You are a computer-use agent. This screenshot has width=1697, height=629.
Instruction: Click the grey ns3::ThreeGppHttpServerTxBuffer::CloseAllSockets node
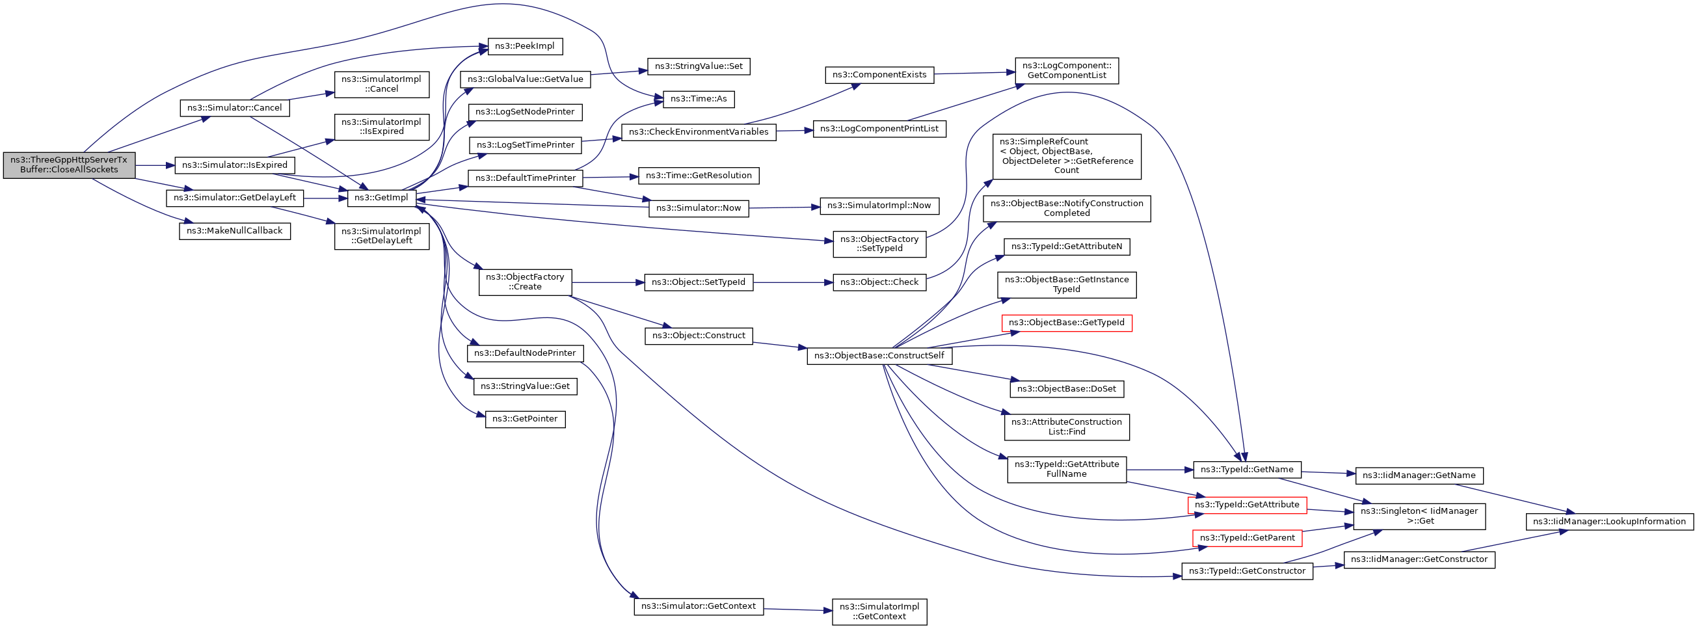[x=69, y=165]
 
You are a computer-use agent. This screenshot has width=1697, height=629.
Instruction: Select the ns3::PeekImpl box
[x=525, y=46]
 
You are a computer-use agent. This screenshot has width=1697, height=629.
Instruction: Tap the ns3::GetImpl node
[x=381, y=198]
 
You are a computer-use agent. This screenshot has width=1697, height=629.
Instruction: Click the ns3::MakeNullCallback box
[x=235, y=231]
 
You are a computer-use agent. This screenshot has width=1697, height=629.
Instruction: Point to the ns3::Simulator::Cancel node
[x=235, y=108]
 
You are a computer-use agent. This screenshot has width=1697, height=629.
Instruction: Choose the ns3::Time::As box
[x=699, y=99]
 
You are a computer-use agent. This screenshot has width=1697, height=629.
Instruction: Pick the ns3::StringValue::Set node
[x=699, y=66]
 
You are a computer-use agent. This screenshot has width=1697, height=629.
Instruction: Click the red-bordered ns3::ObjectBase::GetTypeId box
[x=1067, y=323]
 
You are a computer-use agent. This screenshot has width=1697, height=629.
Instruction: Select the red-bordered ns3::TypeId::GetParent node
[x=1247, y=538]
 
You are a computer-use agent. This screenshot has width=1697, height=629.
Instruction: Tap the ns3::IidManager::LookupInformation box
[x=1609, y=522]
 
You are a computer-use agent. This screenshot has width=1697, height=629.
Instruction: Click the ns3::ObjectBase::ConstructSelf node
[x=879, y=356]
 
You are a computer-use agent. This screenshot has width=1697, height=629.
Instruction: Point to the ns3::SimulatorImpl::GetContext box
[x=879, y=611]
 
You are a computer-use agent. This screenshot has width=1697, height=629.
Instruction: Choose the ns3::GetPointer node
[x=525, y=419]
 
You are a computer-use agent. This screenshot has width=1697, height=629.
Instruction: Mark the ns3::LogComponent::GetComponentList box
[x=1067, y=70]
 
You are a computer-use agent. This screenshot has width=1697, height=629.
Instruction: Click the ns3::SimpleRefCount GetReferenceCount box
[x=1067, y=156]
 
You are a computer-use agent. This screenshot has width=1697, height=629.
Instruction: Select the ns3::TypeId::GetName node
[x=1247, y=470]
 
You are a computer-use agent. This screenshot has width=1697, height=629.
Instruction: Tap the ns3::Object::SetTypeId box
[x=699, y=282]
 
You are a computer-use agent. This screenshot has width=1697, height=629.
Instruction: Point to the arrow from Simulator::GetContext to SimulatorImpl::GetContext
[x=798, y=610]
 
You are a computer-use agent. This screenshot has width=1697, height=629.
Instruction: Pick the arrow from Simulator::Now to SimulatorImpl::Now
[x=784, y=207]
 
